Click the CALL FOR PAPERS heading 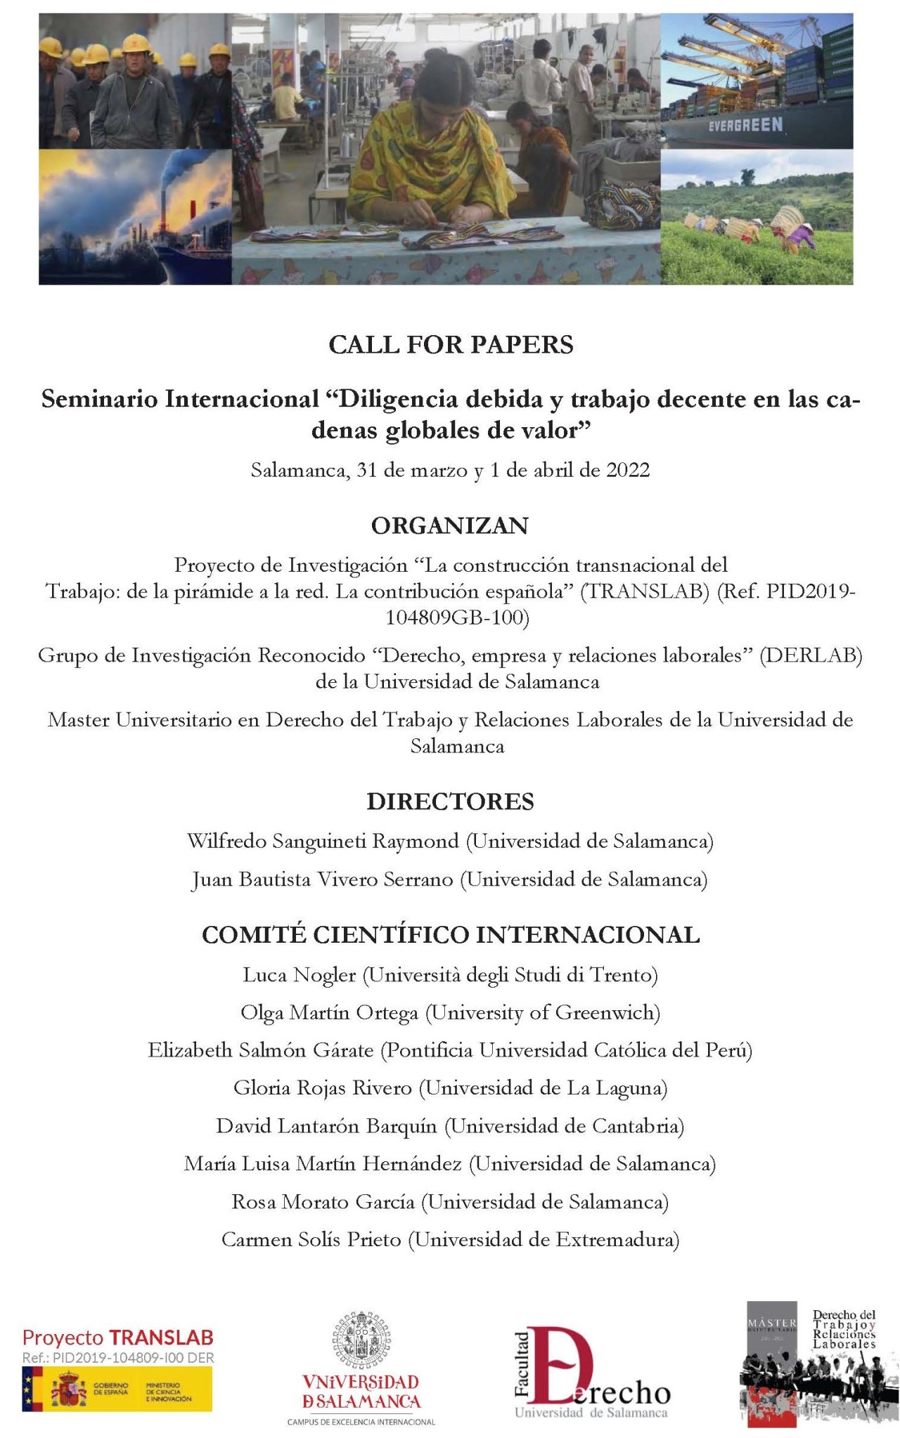451,345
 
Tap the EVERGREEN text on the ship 745,125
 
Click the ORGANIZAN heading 450,525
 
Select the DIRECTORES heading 450,802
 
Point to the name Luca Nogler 299,975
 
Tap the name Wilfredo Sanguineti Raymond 323,841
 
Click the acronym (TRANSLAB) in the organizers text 645,591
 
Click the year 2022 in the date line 627,470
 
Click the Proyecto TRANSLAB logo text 117,1337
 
